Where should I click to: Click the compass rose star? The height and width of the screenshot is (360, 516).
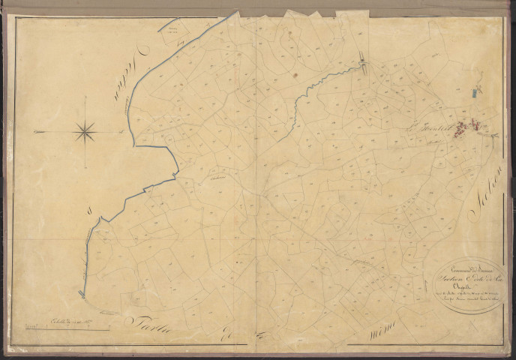[85, 132]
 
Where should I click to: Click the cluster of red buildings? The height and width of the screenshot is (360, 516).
[474, 127]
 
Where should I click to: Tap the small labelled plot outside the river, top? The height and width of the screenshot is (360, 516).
[177, 29]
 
